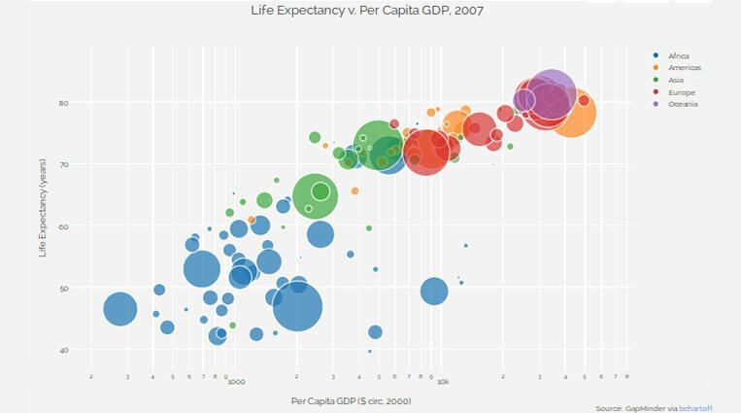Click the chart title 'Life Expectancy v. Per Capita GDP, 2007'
pos(370,11)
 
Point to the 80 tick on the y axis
pos(63,102)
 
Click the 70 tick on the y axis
pos(63,164)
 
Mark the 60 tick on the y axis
pos(63,226)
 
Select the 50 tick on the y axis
pos(63,289)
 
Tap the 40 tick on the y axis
pos(63,350)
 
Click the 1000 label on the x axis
pos(235,382)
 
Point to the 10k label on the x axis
pos(442,382)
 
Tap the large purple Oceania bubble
pos(551,94)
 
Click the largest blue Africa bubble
pos(297,308)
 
